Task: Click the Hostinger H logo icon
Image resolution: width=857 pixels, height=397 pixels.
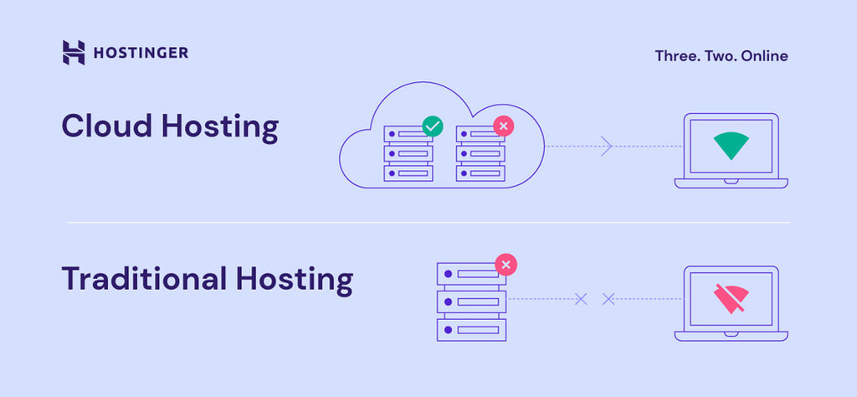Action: point(74,53)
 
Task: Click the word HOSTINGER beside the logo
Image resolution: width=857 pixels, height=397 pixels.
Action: point(141,53)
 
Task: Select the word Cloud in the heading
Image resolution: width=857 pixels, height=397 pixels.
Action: point(105,127)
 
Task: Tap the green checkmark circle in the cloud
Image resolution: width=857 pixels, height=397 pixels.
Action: point(433,126)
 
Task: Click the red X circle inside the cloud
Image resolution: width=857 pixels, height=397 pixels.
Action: point(503,126)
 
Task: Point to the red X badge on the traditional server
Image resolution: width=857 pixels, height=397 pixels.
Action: point(505,266)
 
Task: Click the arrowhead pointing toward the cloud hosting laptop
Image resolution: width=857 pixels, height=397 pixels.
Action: point(607,147)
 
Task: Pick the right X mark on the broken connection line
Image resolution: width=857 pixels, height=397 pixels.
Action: point(608,298)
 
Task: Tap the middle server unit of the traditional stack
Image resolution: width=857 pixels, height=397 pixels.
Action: point(471,300)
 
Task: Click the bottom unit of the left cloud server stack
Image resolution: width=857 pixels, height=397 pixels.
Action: point(408,173)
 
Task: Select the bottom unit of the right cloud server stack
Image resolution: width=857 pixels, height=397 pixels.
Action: point(480,173)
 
